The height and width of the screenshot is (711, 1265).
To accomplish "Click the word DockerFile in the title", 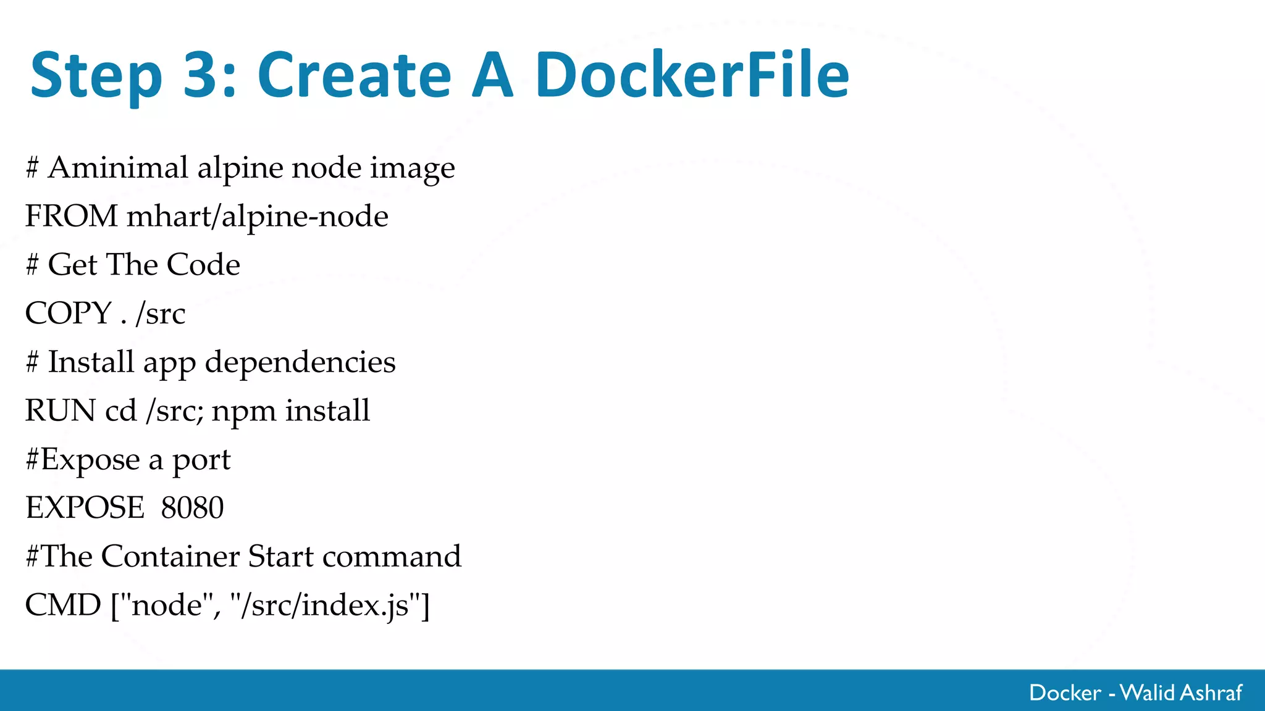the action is coord(692,75).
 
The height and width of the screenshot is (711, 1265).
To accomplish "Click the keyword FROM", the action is coord(71,216).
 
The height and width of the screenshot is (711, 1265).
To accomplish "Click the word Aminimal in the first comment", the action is coord(118,167).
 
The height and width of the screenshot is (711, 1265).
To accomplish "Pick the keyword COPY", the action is coord(68,313).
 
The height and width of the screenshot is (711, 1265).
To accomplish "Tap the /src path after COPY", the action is coord(161,314).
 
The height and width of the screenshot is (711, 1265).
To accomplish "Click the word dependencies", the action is coord(300,362).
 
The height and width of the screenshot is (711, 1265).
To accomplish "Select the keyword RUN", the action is coord(61,410).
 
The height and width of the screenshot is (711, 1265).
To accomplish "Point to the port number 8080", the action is coord(192,508).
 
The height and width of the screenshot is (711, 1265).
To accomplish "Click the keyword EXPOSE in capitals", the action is coord(85,508).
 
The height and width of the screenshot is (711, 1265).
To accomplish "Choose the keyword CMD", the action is coord(62,605).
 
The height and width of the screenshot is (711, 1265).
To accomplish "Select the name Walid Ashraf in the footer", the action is coord(1181,692).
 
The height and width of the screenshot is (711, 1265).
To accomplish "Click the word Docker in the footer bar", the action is coord(1065,692).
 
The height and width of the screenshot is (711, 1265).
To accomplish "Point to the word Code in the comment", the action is coord(203,265).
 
